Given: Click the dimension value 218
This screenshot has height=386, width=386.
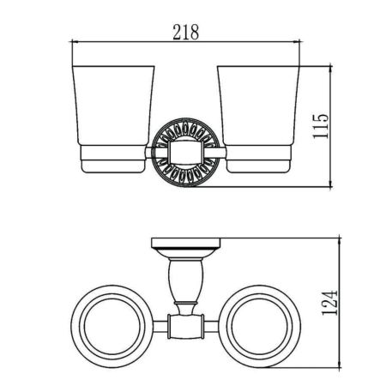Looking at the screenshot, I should pyautogui.click(x=186, y=32).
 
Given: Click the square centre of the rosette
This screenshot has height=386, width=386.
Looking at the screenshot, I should pyautogui.click(x=186, y=156).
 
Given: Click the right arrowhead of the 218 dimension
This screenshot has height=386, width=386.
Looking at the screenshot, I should pyautogui.click(x=303, y=42).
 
